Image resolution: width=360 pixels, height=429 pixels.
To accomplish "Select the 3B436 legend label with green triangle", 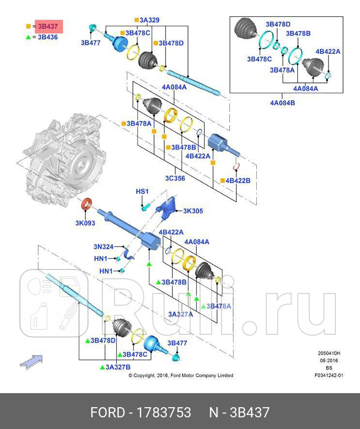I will (x=47, y=37).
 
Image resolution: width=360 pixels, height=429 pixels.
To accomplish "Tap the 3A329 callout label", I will (x=149, y=20).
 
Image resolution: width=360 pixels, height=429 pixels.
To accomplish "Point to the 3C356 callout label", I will (x=174, y=178).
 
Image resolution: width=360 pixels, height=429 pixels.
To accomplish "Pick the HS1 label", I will (x=141, y=191).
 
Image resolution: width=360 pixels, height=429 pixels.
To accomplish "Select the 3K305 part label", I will (x=193, y=211).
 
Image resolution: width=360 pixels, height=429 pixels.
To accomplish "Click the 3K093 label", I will (x=85, y=223).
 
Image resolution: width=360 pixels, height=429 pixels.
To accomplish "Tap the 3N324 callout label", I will (x=103, y=246).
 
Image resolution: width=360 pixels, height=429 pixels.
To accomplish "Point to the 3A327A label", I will (x=180, y=314).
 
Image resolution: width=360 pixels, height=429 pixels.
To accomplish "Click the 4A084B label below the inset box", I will (x=282, y=103).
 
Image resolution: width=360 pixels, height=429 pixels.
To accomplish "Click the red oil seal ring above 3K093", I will (x=86, y=205).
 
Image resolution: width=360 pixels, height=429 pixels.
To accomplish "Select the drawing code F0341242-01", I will (x=329, y=375).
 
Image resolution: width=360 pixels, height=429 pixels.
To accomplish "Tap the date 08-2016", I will (x=329, y=361).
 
